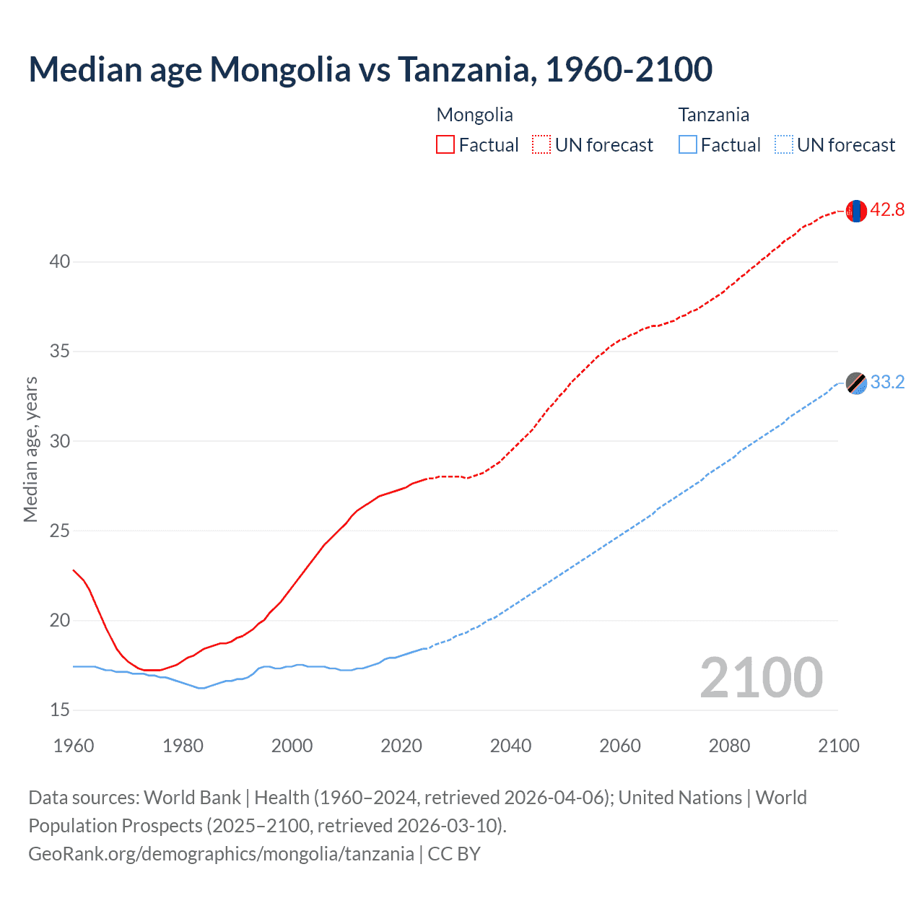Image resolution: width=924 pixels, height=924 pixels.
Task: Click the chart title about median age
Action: [x=370, y=69]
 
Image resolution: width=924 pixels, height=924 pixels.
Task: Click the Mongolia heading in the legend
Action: [x=474, y=115]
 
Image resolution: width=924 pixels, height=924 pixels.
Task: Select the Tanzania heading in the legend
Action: [x=713, y=115]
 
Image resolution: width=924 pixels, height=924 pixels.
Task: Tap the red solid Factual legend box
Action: [x=445, y=144]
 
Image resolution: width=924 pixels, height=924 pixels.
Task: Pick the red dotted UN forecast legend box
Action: [x=541, y=144]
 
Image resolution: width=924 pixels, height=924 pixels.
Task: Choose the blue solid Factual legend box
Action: [x=687, y=144]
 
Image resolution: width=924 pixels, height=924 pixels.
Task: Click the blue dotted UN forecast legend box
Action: [x=783, y=144]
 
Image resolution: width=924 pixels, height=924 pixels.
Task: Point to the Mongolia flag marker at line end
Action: [x=856, y=211]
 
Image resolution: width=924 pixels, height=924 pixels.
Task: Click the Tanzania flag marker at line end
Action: [x=856, y=383]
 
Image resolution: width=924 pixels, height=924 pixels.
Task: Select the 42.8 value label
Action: [x=887, y=210]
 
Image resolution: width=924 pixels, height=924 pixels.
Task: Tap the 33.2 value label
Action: [x=887, y=382]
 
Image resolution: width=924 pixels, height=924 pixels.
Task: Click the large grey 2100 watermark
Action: [x=761, y=678]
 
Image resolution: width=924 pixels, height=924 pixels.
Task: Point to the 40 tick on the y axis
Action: [x=60, y=261]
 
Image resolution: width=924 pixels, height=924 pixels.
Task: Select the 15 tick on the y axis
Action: [x=60, y=710]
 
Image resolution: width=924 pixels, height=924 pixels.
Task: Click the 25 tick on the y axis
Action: [x=60, y=531]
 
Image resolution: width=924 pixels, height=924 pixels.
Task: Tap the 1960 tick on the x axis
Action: [x=74, y=746]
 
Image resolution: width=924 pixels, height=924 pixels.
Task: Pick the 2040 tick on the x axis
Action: [x=510, y=746]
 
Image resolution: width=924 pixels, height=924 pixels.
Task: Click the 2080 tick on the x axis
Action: [x=729, y=746]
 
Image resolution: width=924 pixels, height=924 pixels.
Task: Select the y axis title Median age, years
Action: [x=30, y=449]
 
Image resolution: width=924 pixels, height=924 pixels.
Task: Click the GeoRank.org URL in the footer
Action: [x=221, y=854]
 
